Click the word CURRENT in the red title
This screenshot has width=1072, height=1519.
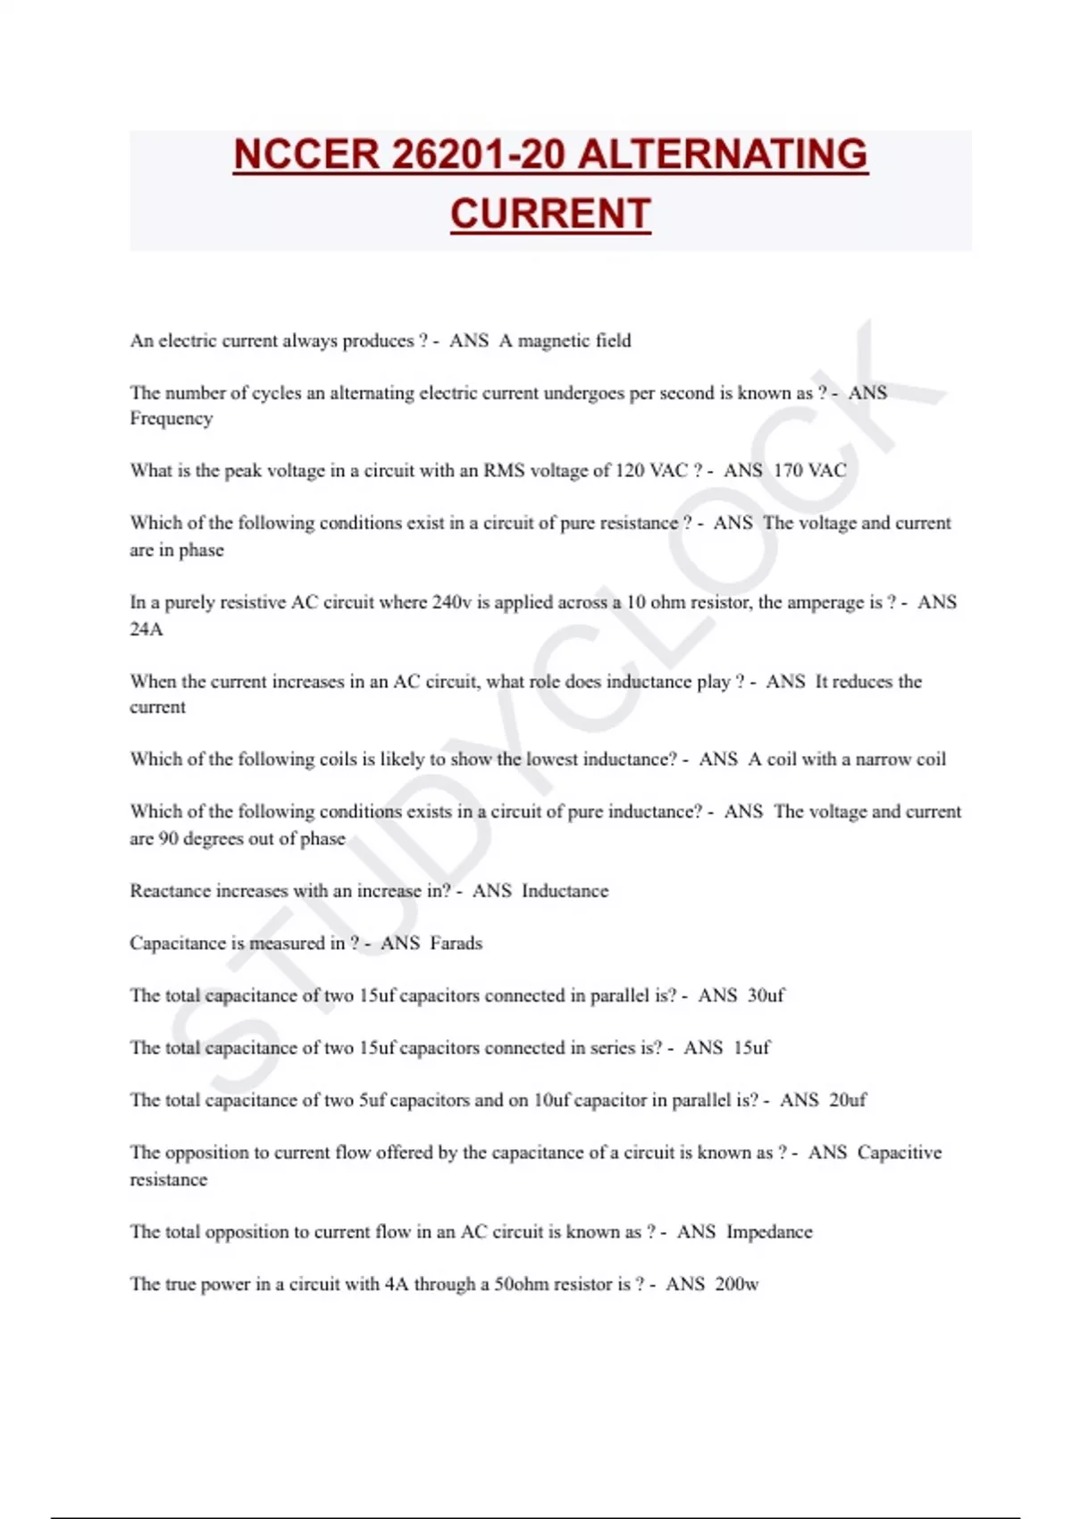point(550,214)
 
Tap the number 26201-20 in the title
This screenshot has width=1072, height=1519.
point(477,155)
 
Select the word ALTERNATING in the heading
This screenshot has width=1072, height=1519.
point(723,155)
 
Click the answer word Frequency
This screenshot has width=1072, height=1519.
point(172,419)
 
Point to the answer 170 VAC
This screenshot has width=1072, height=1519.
point(809,471)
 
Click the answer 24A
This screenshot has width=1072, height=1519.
point(147,629)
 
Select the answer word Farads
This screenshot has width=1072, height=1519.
point(456,944)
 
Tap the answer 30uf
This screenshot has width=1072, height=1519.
point(766,995)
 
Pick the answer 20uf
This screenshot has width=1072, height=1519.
point(847,1100)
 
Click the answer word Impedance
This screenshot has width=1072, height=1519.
point(769,1232)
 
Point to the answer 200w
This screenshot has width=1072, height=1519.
point(737,1285)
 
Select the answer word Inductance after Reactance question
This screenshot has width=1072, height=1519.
point(565,891)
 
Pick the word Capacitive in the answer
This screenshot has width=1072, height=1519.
point(899,1153)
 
